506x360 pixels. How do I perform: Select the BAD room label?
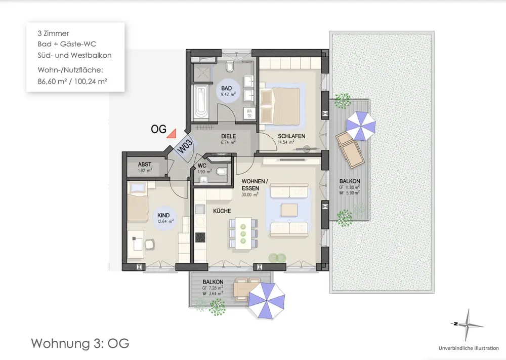coord(227,88)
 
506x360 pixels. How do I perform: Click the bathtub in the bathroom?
coord(201,101)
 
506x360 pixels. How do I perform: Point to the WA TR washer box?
coord(249,113)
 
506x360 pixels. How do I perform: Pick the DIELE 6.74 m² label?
coord(229,139)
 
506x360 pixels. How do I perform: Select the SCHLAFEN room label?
coord(291,136)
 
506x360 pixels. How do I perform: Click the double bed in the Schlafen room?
coord(280,105)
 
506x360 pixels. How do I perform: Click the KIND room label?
coord(163,215)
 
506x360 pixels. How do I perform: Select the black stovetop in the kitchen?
coord(200,237)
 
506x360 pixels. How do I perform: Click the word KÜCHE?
coord(222,211)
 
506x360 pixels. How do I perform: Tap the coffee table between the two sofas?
coord(289,210)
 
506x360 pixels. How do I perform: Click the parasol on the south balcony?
coord(267,300)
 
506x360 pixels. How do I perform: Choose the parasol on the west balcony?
coord(361,126)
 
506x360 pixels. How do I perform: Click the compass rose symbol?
coord(467,325)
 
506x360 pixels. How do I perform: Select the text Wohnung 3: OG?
coord(80,343)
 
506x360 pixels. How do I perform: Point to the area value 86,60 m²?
coord(52,82)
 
